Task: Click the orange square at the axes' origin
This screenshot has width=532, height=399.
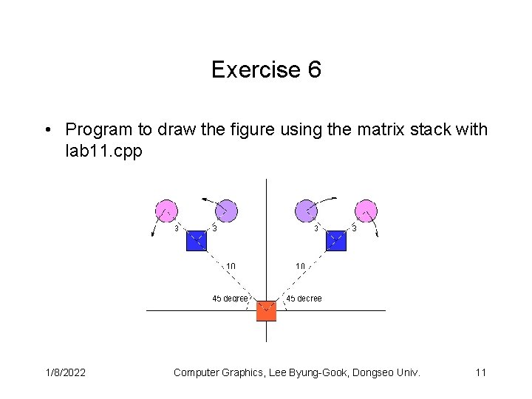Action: pyautogui.click(x=266, y=311)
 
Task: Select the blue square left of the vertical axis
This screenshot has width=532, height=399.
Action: pyautogui.click(x=197, y=240)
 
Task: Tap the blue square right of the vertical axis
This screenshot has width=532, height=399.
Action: pyautogui.click(x=335, y=240)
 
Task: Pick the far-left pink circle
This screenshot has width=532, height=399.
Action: pyautogui.click(x=166, y=211)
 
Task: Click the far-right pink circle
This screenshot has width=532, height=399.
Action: pyautogui.click(x=366, y=211)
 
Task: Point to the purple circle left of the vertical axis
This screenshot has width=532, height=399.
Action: pyautogui.click(x=226, y=211)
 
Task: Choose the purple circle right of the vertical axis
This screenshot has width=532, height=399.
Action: pyautogui.click(x=306, y=211)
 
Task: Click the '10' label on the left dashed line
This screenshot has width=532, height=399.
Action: pyautogui.click(x=231, y=266)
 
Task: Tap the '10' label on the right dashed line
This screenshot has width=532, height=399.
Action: pyautogui.click(x=301, y=266)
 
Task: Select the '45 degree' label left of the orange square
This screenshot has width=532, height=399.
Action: pyautogui.click(x=230, y=299)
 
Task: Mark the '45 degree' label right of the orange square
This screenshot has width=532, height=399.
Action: pyautogui.click(x=304, y=299)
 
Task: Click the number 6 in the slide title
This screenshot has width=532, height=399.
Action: pyautogui.click(x=314, y=70)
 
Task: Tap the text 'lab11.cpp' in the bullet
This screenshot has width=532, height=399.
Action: pyautogui.click(x=103, y=150)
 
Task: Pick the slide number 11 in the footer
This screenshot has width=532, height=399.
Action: pyautogui.click(x=480, y=372)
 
